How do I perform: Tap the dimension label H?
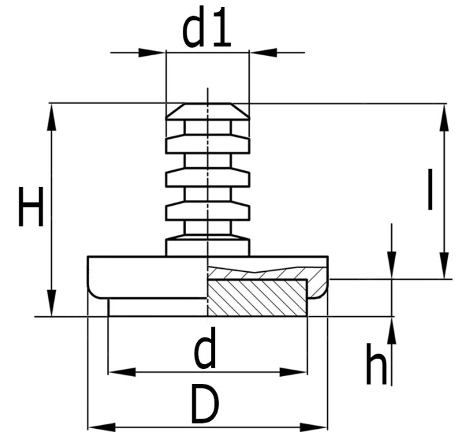[31, 206]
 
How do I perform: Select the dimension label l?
[430, 189]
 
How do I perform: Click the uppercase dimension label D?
[205, 405]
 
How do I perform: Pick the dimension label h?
[377, 364]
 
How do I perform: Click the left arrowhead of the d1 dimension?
[153, 52]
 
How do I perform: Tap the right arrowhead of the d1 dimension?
[263, 52]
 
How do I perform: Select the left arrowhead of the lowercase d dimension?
[121, 372]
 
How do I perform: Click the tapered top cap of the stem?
[207, 111]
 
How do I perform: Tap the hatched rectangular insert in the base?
[257, 298]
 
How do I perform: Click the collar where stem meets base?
[207, 247]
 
